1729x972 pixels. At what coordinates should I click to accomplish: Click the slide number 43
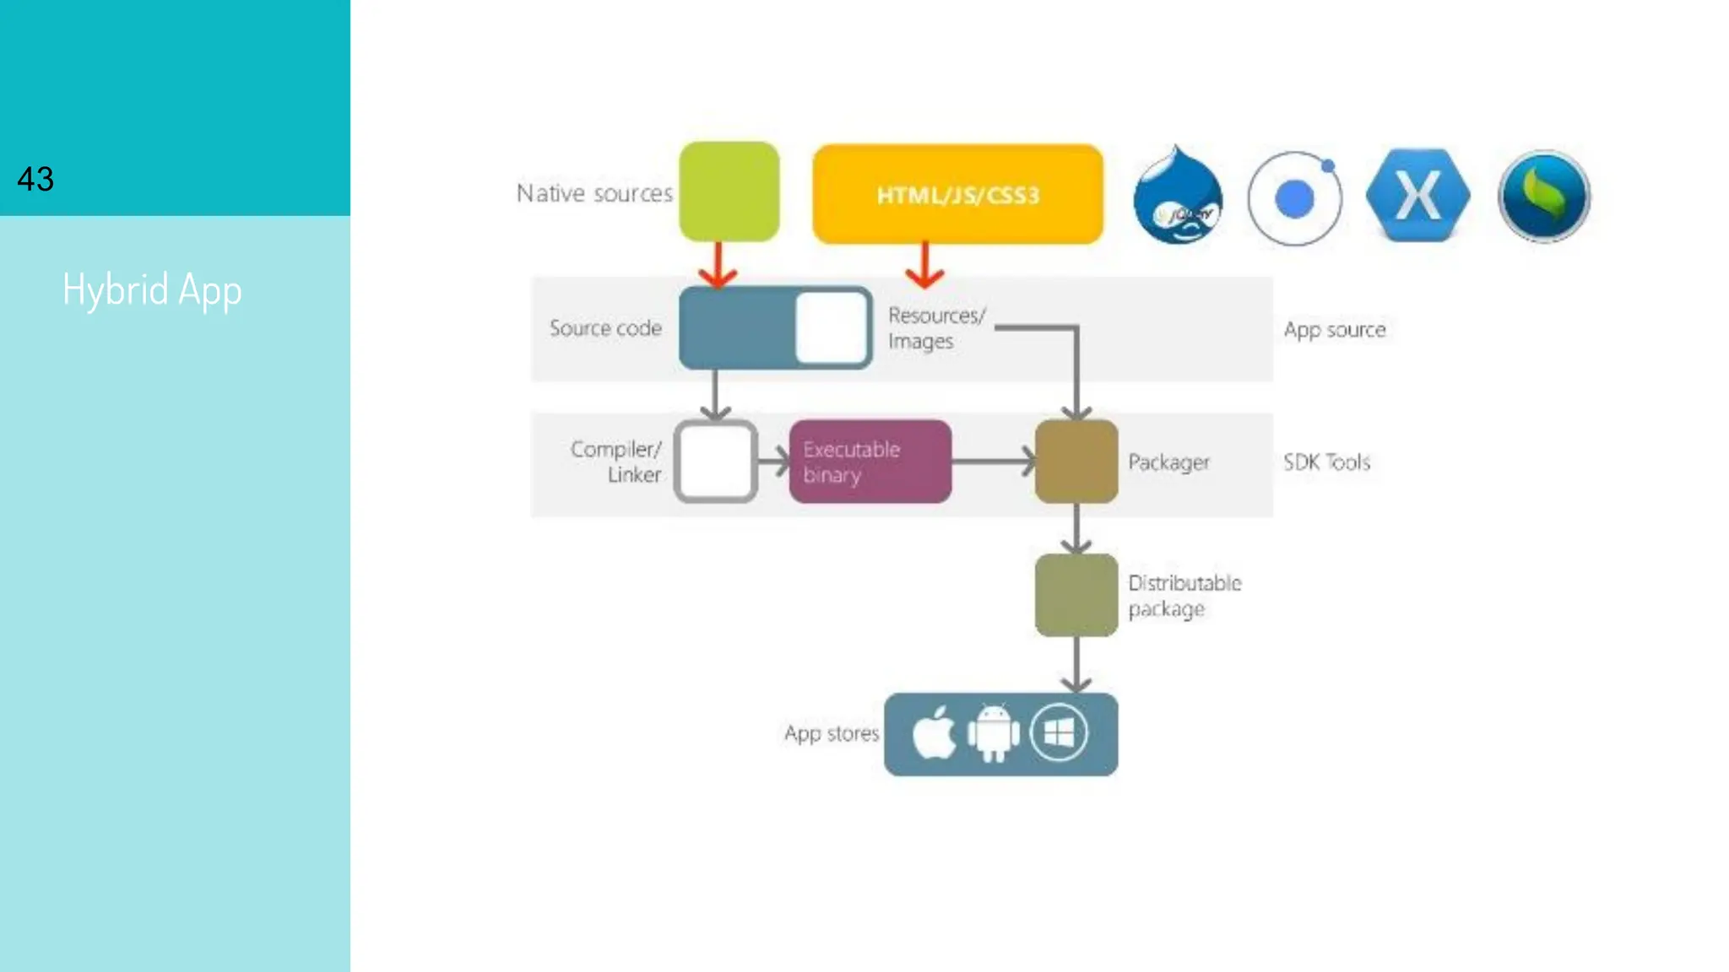point(35,179)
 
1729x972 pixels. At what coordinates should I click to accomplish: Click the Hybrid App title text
point(152,290)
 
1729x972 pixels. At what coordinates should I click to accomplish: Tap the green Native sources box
point(729,192)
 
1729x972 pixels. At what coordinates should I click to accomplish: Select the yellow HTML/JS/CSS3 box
point(957,195)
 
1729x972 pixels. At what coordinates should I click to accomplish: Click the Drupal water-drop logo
point(1177,197)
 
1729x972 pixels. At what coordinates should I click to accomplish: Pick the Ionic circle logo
point(1294,199)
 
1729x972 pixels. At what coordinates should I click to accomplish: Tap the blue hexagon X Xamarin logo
point(1417,196)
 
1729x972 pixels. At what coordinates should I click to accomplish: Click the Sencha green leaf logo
point(1544,197)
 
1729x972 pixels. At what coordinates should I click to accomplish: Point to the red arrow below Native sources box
point(718,265)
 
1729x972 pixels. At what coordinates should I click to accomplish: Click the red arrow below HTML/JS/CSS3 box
point(924,265)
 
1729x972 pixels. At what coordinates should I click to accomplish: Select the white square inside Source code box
point(831,327)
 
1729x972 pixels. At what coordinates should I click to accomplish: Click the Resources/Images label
point(935,328)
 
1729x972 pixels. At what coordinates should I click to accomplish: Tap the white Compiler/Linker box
point(715,462)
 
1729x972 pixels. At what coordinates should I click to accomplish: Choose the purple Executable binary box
point(870,462)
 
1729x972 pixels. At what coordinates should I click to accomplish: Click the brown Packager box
point(1076,462)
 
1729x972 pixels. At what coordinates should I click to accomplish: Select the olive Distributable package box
point(1076,595)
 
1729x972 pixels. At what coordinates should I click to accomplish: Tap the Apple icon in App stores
point(933,733)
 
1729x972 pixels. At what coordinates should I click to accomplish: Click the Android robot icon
point(993,733)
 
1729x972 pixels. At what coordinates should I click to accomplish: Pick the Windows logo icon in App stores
point(1059,732)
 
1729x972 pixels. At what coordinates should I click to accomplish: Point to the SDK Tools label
point(1326,462)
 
